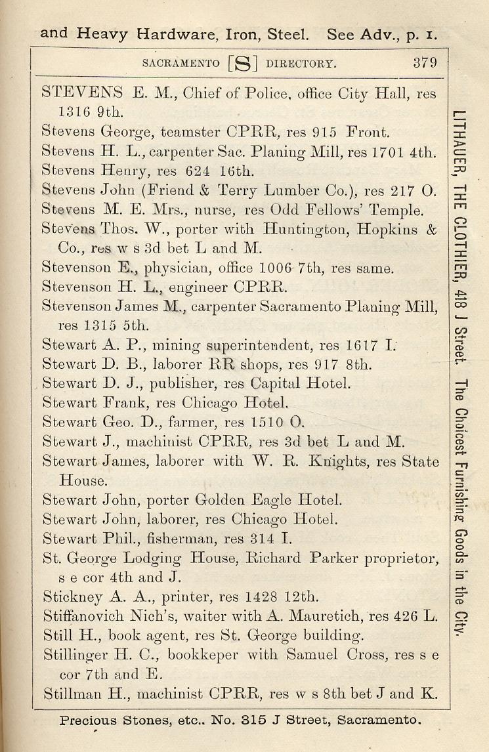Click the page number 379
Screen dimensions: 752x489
click(425, 64)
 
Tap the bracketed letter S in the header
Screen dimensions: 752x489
click(242, 64)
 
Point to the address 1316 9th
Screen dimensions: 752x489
click(85, 111)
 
